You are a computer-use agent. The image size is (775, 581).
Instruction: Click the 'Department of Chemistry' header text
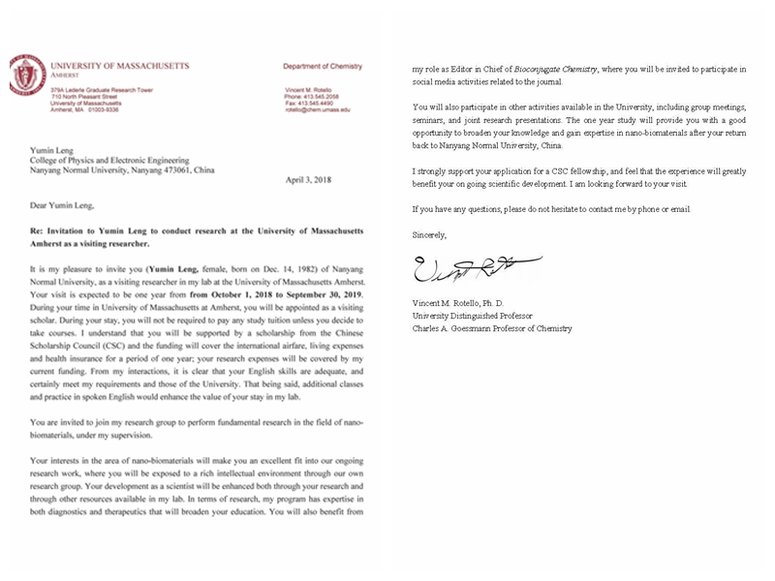click(x=322, y=67)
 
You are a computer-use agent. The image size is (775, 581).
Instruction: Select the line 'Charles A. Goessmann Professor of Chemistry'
click(x=491, y=328)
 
